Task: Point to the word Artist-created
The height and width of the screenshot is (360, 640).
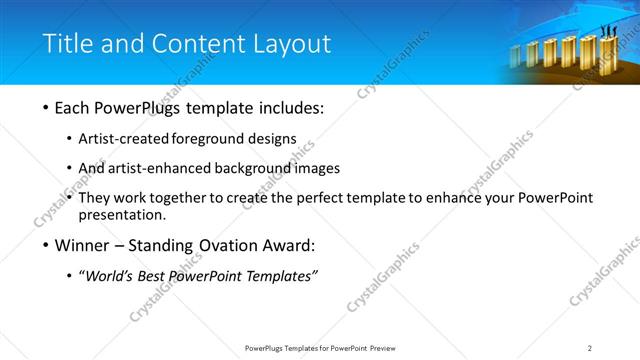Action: click(x=137, y=139)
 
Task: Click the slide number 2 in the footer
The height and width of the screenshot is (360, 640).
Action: click(x=590, y=348)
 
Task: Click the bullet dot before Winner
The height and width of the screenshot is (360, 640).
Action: click(x=46, y=245)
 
